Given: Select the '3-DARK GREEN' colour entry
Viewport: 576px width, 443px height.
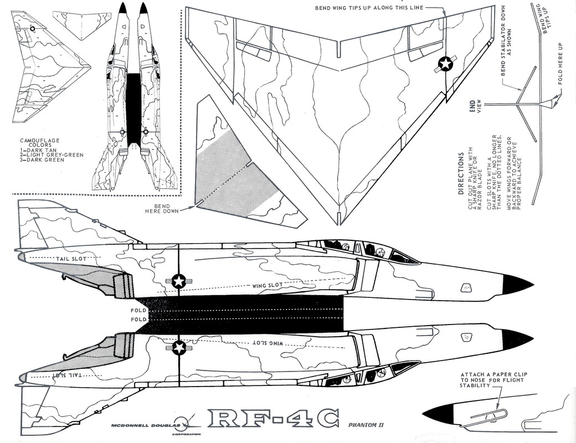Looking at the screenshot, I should point(42,160).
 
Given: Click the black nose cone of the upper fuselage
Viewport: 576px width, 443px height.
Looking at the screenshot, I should point(518,285).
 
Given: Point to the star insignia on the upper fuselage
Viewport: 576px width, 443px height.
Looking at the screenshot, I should point(178,281).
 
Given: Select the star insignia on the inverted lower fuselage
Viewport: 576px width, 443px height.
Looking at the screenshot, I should point(179,348).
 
